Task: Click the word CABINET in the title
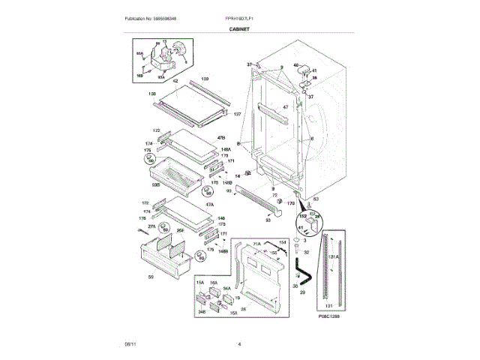(239, 29)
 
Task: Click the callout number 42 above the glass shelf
(175, 81)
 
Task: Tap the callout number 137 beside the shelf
(238, 114)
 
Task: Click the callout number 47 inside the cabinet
(285, 107)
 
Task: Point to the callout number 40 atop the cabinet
(296, 66)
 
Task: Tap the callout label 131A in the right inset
(334, 256)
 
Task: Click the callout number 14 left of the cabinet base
(237, 175)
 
